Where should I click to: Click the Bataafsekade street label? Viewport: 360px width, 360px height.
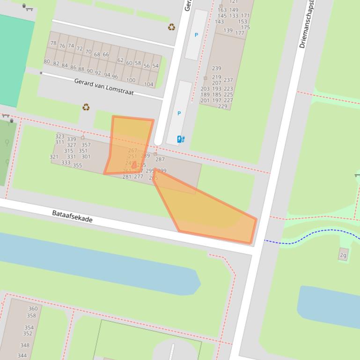pos(72,216)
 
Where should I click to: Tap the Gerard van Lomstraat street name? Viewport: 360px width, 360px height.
pos(104,86)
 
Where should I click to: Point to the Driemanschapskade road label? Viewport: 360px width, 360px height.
pos(307,23)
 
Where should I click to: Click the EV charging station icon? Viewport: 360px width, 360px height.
pos(181,139)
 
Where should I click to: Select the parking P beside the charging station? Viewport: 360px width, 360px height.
pos(179,114)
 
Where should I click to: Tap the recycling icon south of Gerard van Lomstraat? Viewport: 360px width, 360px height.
pos(86,107)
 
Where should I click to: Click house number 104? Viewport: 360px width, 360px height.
pos(148,85)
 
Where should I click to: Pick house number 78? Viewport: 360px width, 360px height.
pos(53,43)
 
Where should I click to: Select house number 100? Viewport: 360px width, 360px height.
pos(131,80)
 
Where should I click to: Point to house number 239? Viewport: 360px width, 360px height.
pos(216,68)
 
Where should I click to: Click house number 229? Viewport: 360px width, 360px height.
pos(222,106)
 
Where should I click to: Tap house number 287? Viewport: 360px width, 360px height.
pos(160,159)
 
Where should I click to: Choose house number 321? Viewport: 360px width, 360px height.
pos(54,157)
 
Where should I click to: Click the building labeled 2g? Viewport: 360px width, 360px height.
pos(343,255)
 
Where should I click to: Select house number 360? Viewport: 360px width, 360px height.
pos(32,309)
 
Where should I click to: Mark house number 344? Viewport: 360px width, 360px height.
pos(22,355)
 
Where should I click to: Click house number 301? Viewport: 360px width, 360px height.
pos(86,157)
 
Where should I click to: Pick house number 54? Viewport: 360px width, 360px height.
pos(155,66)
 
